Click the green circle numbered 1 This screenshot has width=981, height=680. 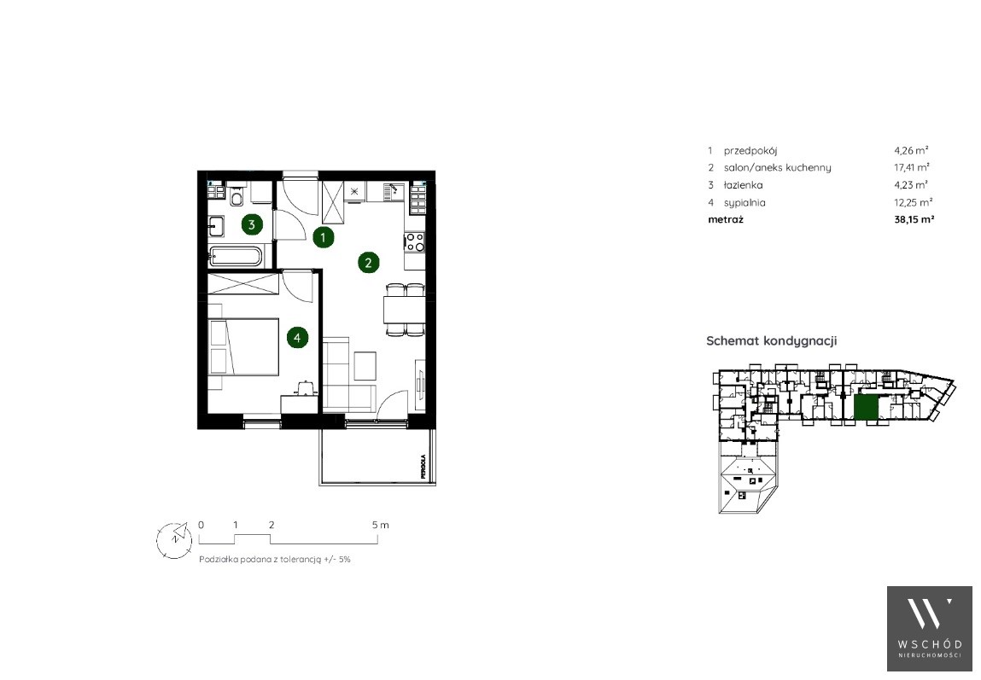(323, 237)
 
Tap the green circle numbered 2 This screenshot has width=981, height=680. (369, 263)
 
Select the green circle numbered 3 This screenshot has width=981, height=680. (252, 225)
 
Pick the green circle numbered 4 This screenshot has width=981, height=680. (297, 338)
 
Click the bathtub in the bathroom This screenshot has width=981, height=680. (236, 256)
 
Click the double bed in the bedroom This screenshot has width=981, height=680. (243, 347)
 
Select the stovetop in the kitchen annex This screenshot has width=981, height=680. (414, 241)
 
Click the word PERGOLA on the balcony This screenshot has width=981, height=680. (423, 466)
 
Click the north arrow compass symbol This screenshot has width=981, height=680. (174, 539)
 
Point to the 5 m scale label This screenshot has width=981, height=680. (381, 525)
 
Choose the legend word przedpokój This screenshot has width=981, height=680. (750, 151)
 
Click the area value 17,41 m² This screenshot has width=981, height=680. (912, 167)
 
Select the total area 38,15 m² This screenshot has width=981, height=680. (914, 219)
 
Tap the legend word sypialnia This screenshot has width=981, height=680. (745, 202)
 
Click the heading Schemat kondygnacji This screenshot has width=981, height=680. (772, 340)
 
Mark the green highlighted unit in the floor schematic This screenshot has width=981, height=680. (867, 408)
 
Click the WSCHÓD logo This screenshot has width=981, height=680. (930, 628)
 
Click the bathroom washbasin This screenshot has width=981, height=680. (216, 225)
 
